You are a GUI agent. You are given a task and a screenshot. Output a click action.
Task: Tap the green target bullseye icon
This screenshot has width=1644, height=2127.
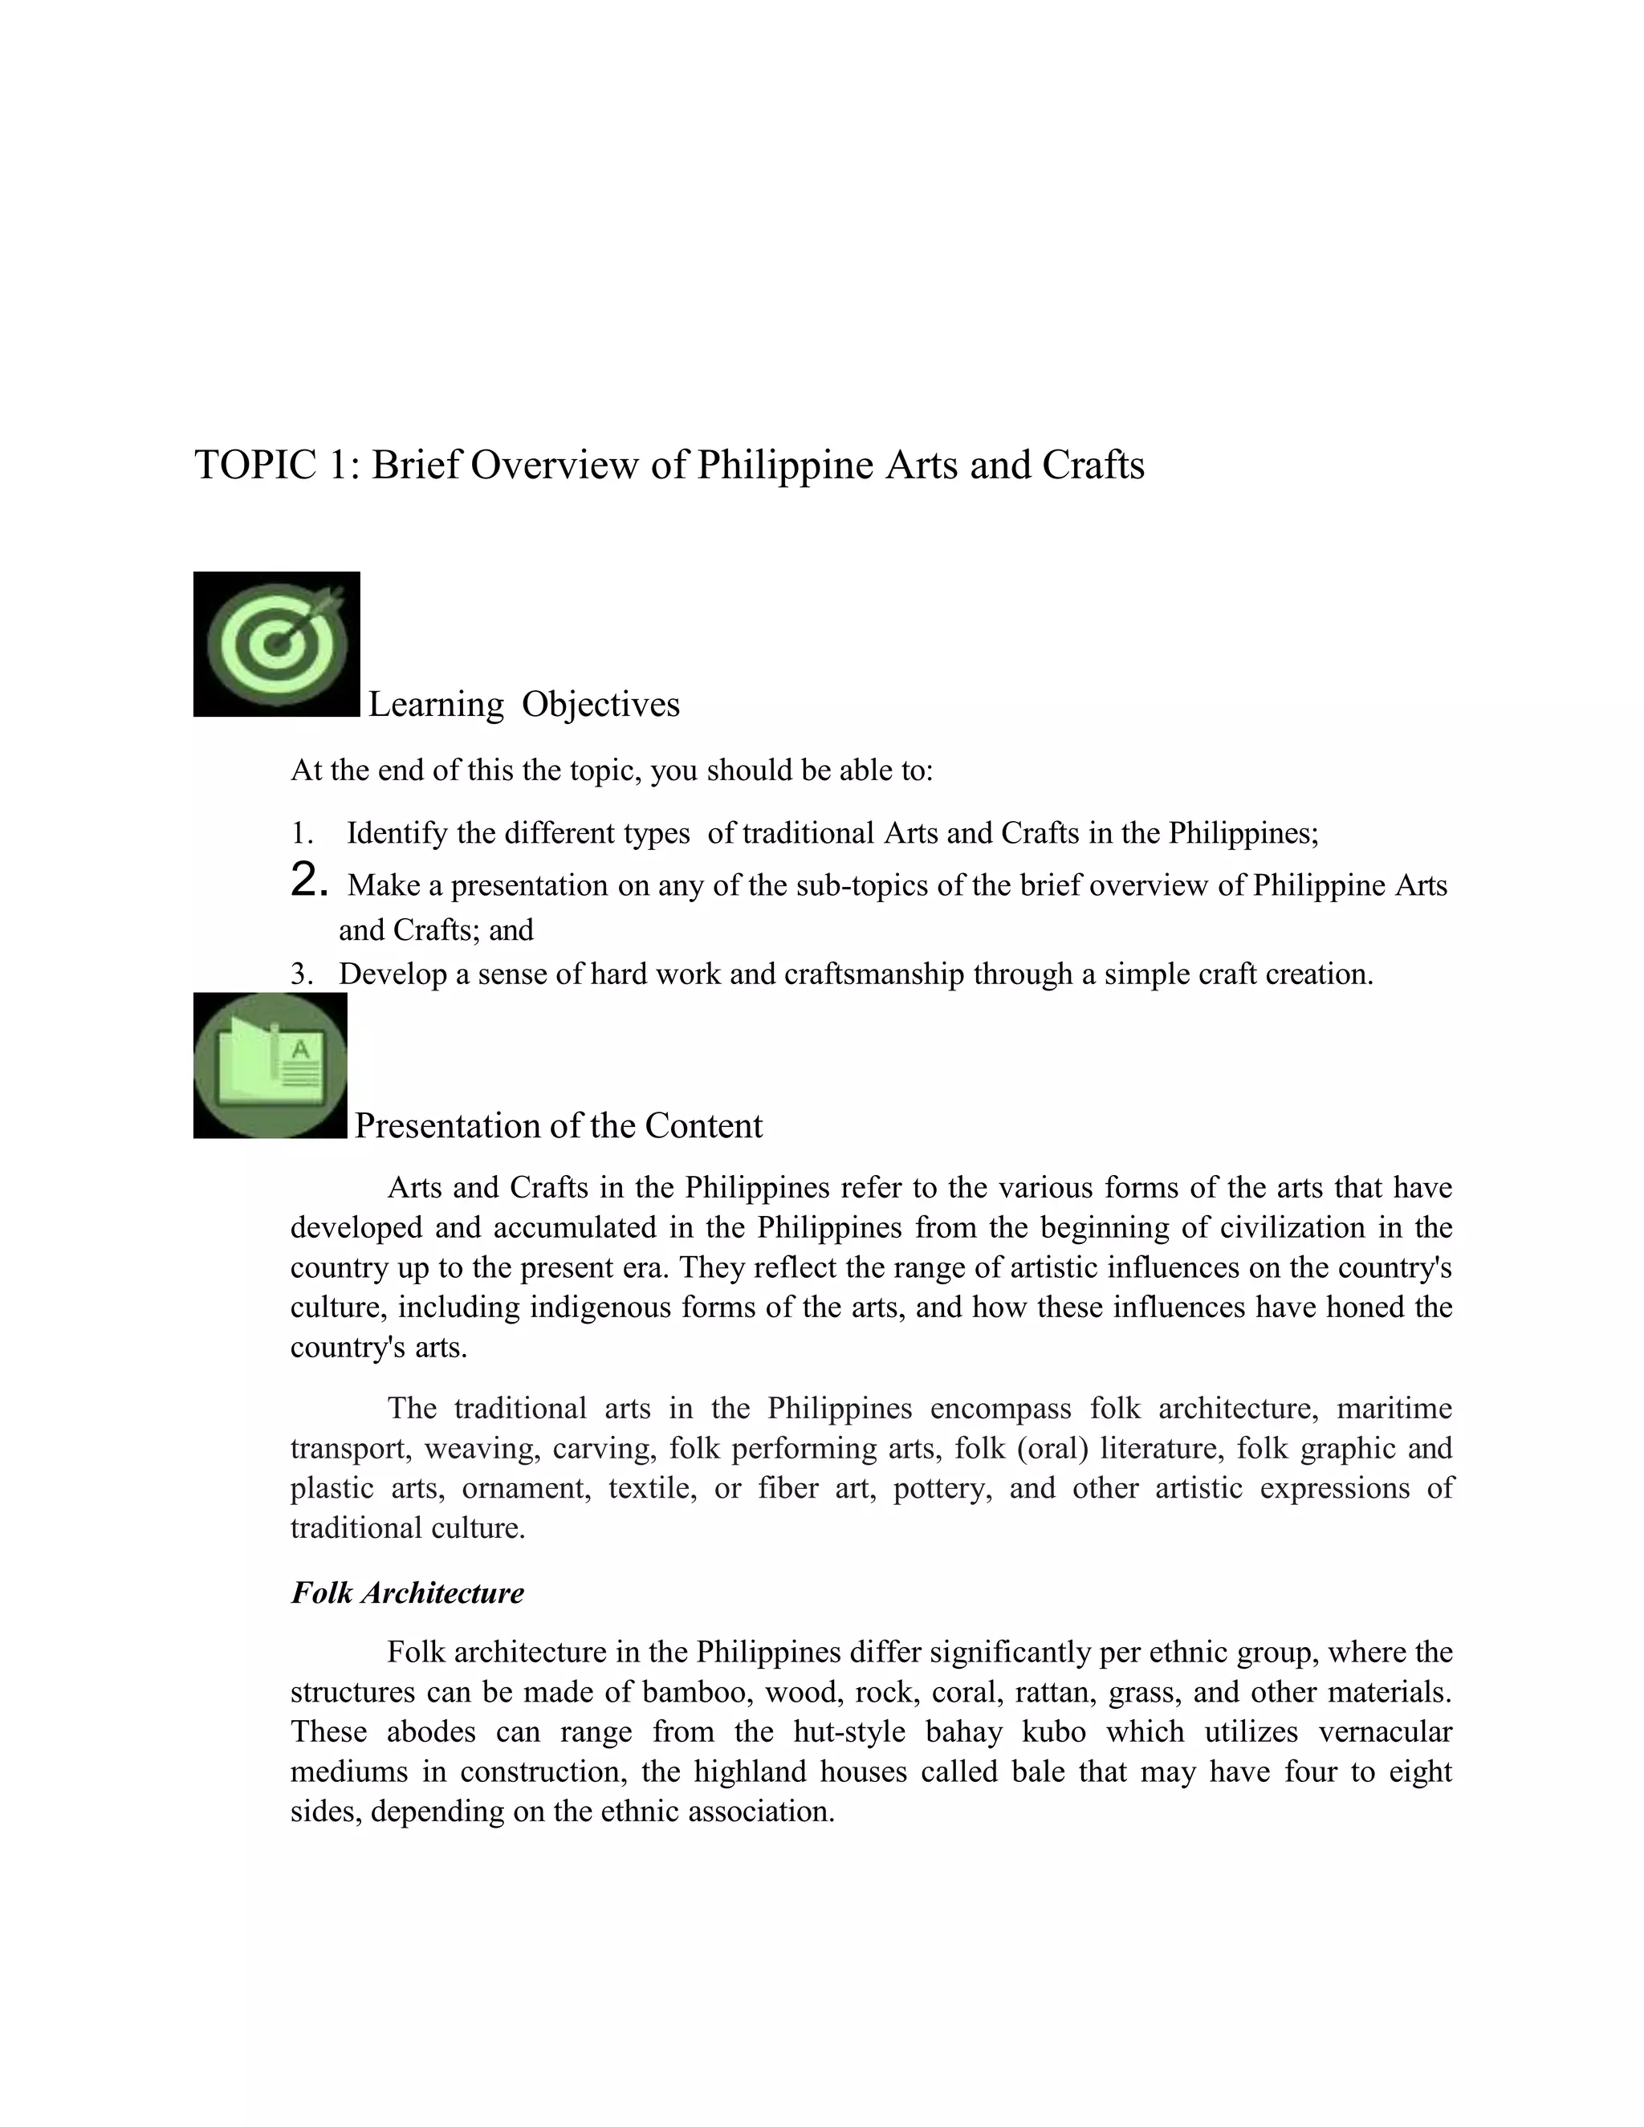click(x=278, y=644)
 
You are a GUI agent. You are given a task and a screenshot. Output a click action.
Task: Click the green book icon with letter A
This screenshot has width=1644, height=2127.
click(x=271, y=1065)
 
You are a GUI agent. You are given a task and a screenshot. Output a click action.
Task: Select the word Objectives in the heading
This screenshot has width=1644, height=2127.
click(x=601, y=704)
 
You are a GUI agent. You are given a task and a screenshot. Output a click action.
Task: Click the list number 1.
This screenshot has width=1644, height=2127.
click(x=301, y=834)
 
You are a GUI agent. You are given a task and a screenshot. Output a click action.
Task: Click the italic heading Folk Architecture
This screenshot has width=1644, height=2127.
click(x=407, y=1592)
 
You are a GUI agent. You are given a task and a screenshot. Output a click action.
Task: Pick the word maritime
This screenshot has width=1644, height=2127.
click(x=1394, y=1409)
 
